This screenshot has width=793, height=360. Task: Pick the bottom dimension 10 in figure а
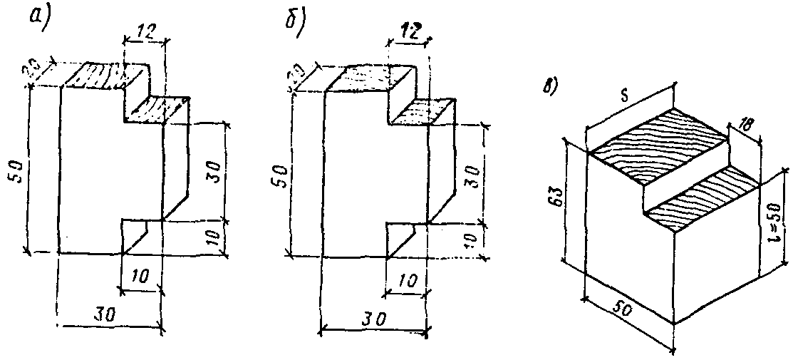(140, 276)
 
